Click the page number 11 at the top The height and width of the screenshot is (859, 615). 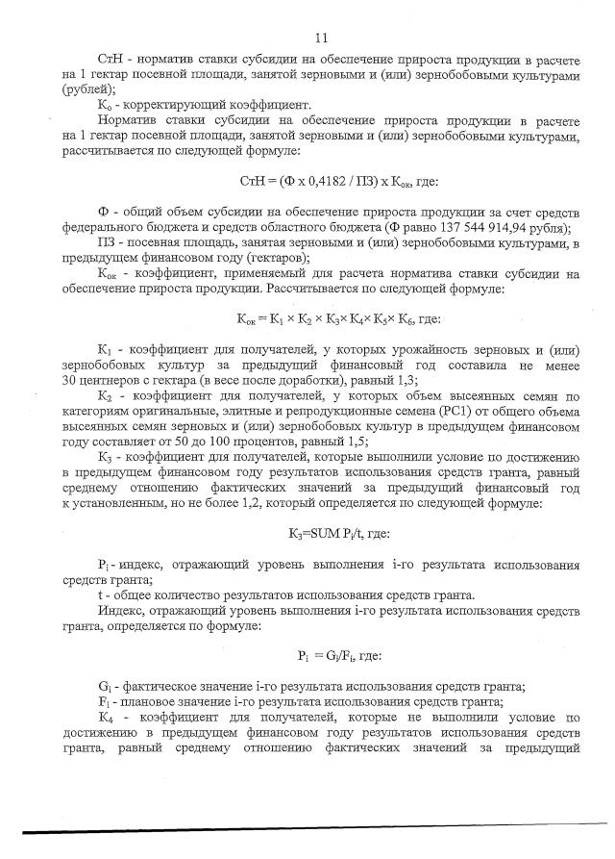(x=321, y=38)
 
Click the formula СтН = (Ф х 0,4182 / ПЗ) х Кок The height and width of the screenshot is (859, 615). (x=307, y=181)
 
